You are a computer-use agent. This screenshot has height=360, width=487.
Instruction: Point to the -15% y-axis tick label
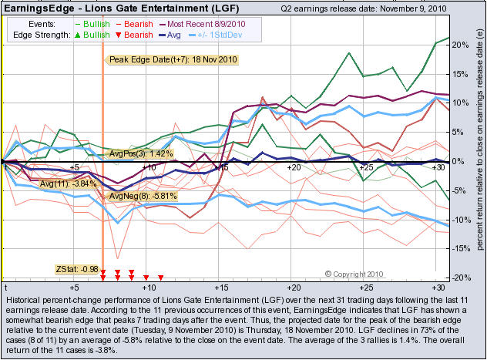(459, 248)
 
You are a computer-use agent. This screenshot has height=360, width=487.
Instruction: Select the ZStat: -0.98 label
(76, 268)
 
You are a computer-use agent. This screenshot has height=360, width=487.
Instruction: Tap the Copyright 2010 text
(360, 274)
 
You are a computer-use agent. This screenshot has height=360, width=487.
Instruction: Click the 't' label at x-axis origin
(5, 287)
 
